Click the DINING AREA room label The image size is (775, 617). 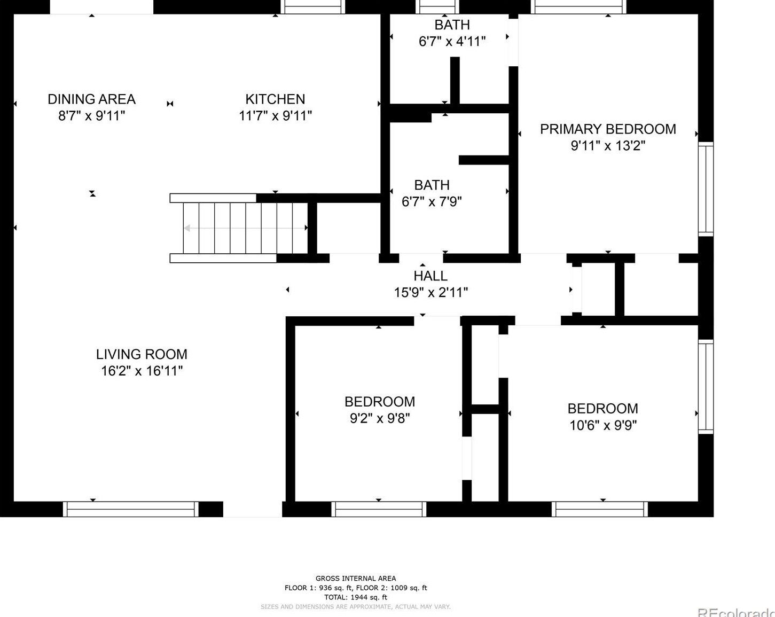click(x=91, y=99)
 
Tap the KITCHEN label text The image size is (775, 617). click(x=275, y=99)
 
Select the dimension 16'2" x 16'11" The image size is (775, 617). click(x=142, y=371)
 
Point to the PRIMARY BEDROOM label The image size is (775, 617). click(x=608, y=129)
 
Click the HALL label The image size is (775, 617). click(x=430, y=276)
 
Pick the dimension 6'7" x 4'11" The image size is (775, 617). click(x=452, y=42)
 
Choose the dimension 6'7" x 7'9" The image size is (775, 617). click(x=432, y=202)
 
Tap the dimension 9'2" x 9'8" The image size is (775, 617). click(x=379, y=418)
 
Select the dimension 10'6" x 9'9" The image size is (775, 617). click(x=602, y=425)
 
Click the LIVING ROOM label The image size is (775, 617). click(x=142, y=354)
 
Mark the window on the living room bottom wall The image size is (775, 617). click(x=131, y=510)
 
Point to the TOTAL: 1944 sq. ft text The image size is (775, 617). click(x=355, y=597)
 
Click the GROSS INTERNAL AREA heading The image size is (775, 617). click(x=355, y=578)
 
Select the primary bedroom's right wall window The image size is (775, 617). click(x=706, y=189)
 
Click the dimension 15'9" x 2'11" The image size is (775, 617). click(x=430, y=293)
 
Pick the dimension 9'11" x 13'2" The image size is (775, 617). click(x=608, y=146)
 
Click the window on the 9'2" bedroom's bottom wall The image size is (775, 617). click(x=379, y=510)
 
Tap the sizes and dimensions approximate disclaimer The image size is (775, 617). click(x=355, y=607)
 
